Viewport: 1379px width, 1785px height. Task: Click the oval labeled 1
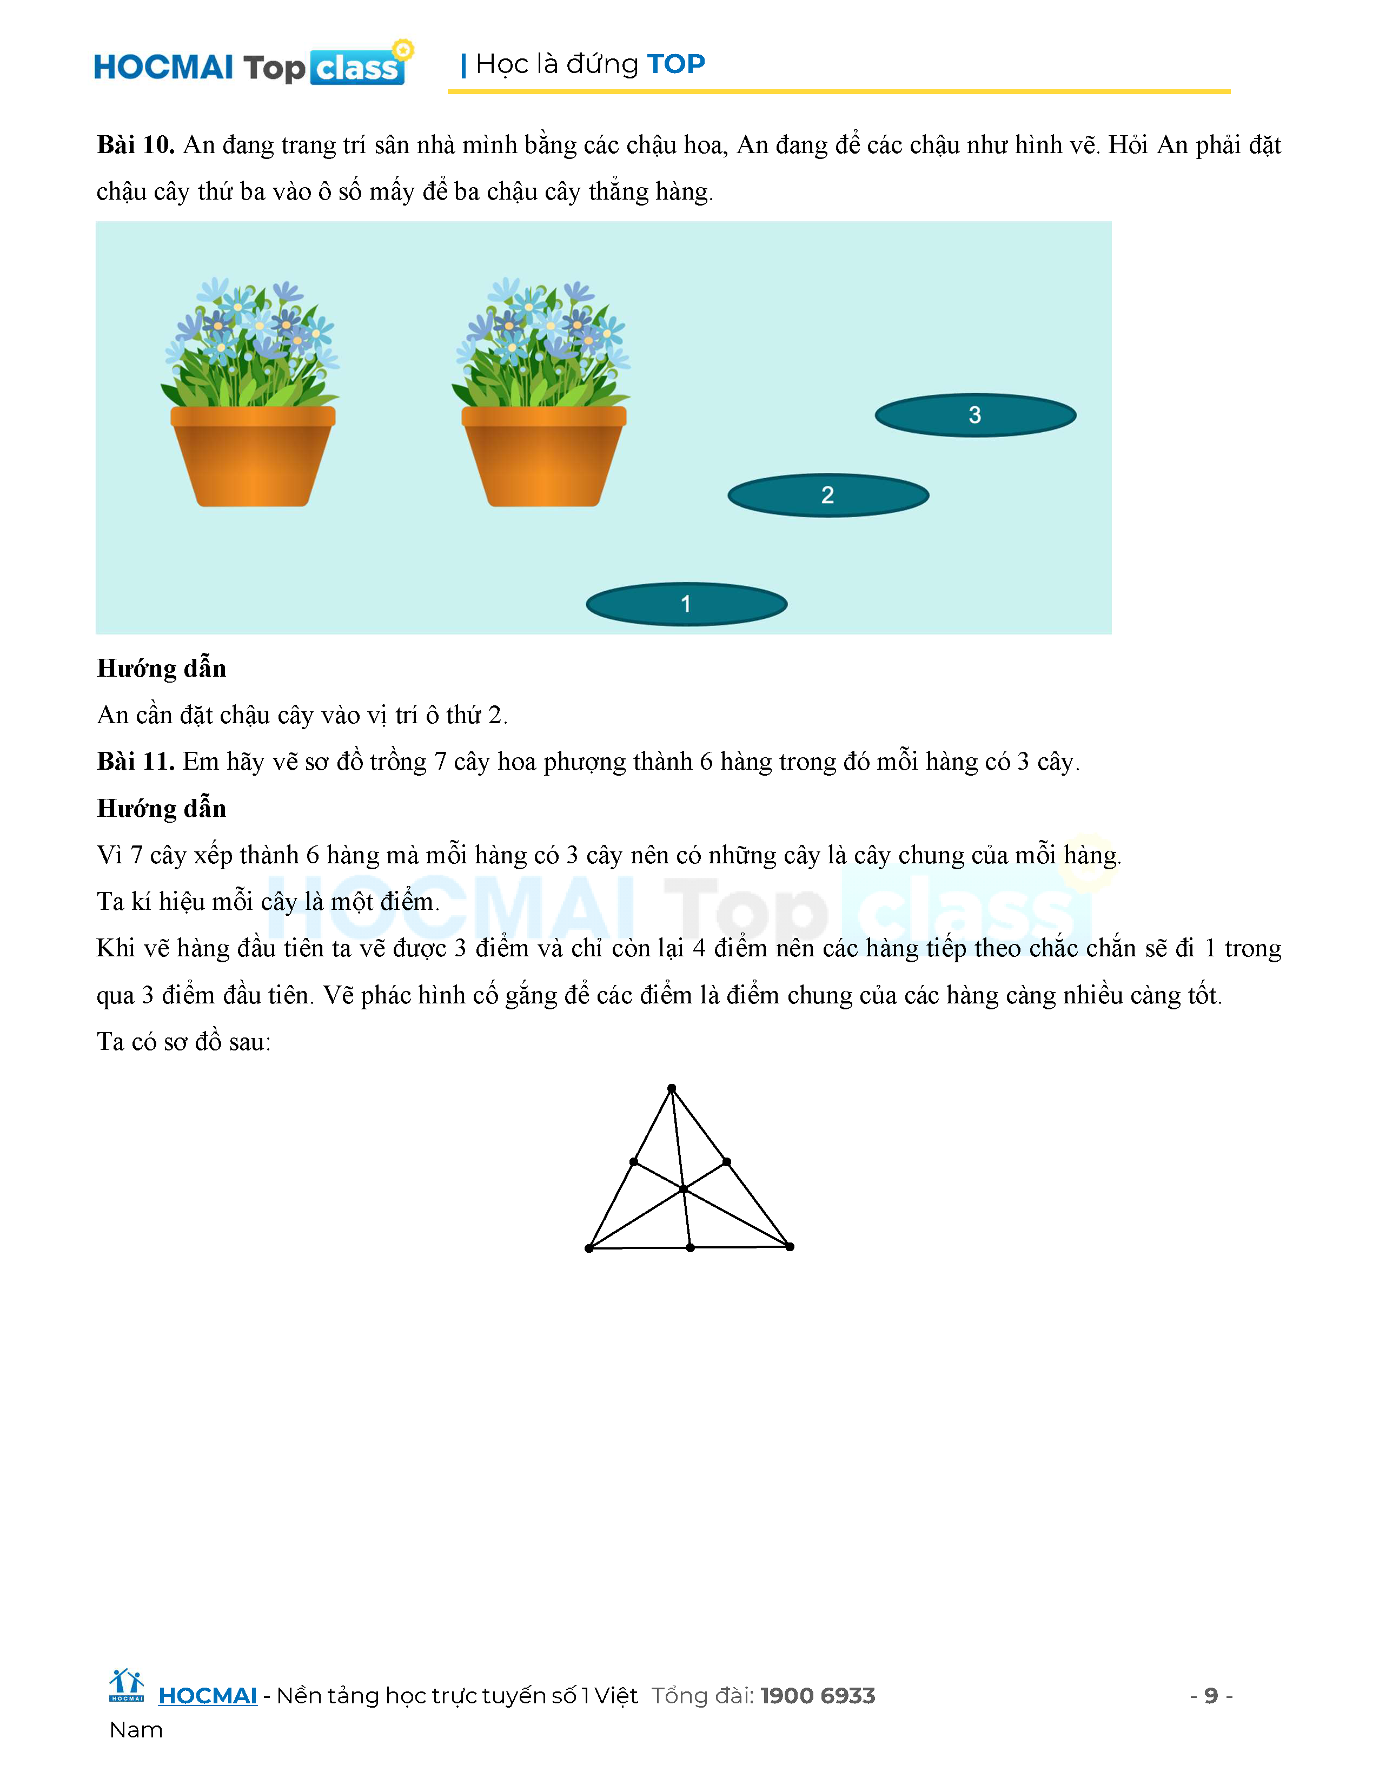click(686, 604)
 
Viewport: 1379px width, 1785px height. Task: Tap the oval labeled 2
click(827, 495)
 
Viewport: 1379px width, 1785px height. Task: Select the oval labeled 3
click(974, 415)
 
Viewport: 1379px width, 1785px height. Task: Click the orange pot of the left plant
click(253, 456)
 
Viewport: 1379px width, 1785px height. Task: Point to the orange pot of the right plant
click(543, 456)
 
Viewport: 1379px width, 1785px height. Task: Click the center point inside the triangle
click(683, 1189)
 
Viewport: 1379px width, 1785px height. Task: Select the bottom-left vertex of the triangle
click(589, 1248)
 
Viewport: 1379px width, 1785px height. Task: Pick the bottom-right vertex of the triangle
click(789, 1246)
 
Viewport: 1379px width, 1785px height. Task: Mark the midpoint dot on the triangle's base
click(691, 1247)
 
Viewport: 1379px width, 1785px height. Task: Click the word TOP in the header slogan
click(675, 64)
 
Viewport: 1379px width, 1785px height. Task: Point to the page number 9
click(1211, 1696)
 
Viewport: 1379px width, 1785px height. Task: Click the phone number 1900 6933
click(818, 1696)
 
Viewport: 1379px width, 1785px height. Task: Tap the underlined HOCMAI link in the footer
click(208, 1696)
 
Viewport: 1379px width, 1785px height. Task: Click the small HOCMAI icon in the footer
click(126, 1686)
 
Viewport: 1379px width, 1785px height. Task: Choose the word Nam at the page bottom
click(136, 1730)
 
